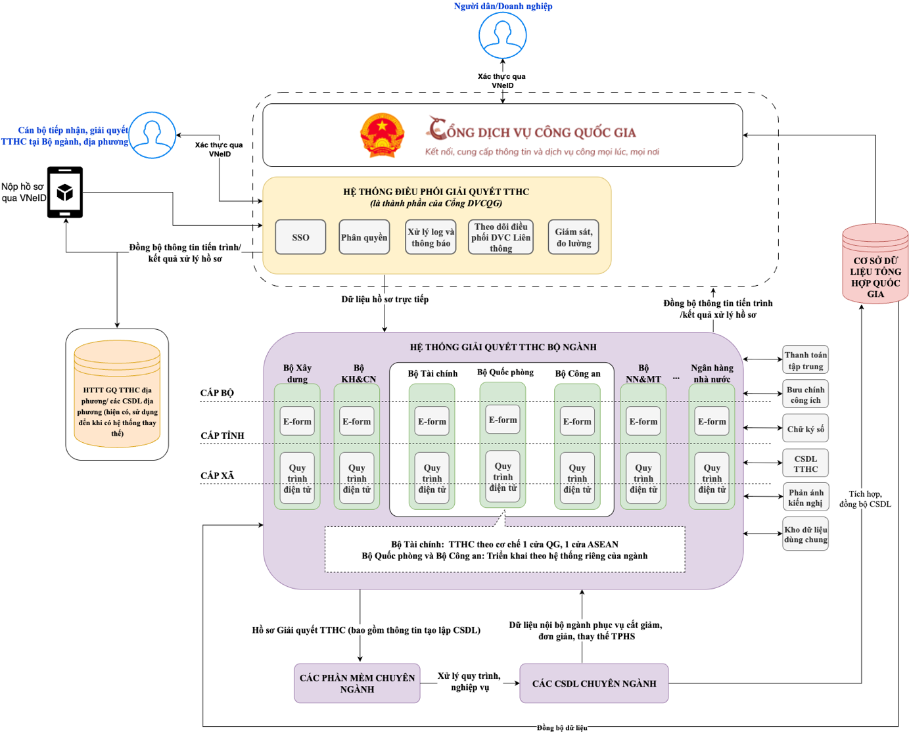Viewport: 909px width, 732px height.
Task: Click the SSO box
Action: point(300,237)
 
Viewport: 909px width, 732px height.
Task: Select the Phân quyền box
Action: point(364,237)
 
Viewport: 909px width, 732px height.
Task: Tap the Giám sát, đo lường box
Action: point(573,237)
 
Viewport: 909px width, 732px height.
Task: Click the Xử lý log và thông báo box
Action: point(431,237)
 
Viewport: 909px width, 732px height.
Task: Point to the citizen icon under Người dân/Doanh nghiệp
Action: point(503,35)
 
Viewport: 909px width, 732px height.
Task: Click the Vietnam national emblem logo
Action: point(381,135)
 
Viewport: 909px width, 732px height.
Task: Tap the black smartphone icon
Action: point(65,192)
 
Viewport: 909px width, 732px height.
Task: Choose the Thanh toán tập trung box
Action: point(805,360)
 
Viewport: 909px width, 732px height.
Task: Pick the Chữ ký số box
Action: point(805,428)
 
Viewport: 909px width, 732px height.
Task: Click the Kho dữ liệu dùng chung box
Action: point(805,534)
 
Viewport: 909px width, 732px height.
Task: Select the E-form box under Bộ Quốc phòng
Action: point(503,420)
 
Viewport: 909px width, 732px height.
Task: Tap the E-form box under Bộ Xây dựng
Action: point(297,422)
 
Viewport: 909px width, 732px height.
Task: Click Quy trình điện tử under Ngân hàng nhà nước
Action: point(712,478)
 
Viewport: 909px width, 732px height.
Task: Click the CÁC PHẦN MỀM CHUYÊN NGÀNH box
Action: point(357,683)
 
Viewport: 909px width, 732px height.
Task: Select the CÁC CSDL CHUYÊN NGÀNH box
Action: point(594,683)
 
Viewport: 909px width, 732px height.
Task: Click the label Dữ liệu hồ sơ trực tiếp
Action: point(385,299)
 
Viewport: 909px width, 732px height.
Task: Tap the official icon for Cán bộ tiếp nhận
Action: point(152,135)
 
